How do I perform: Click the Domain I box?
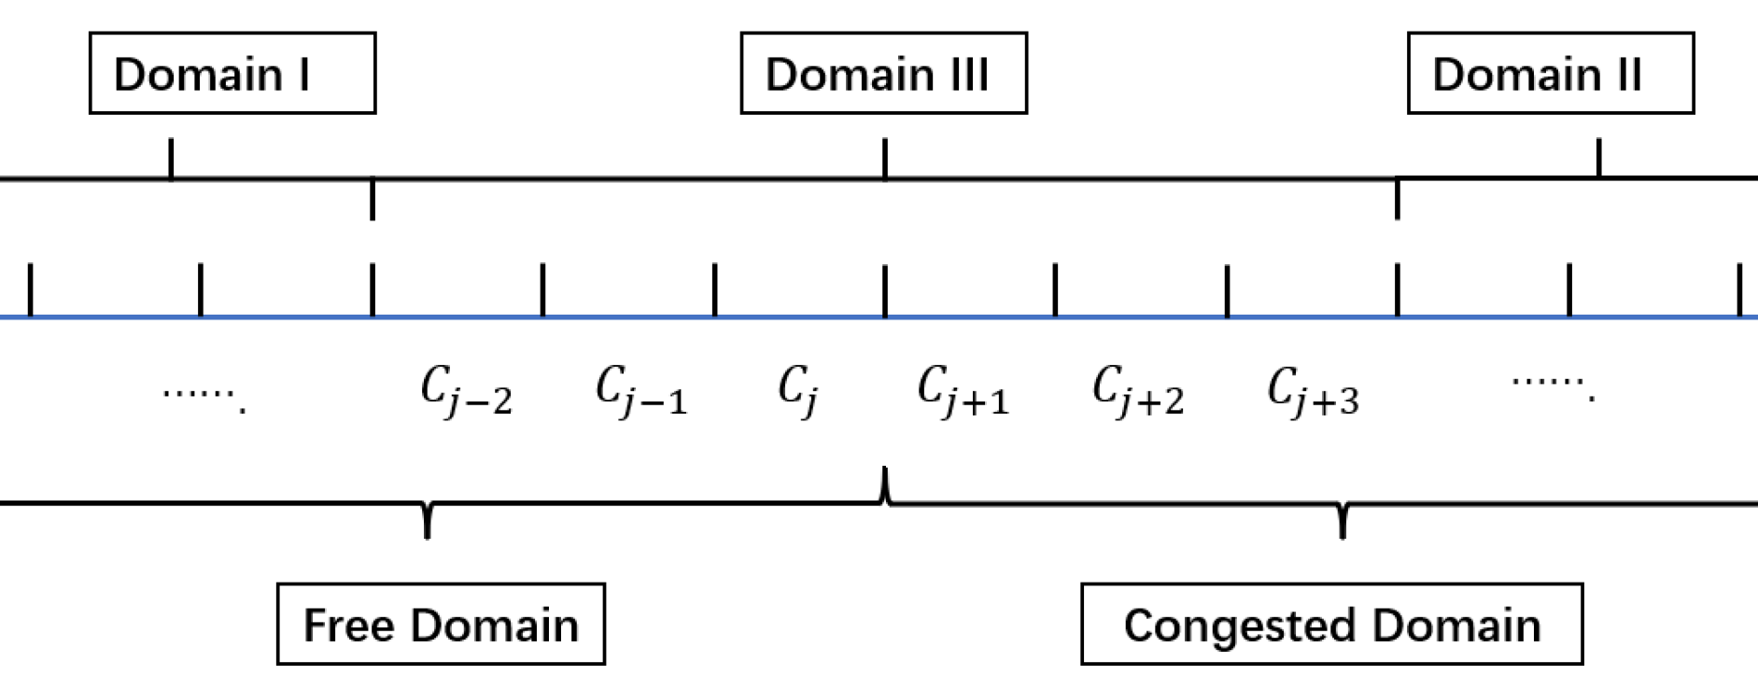232,74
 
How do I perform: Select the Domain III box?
883,74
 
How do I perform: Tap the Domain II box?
1550,74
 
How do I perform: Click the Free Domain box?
441,625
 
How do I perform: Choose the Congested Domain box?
1331,625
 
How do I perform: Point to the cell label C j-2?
466,389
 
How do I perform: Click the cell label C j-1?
641,389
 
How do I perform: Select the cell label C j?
798,389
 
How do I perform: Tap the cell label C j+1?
963,389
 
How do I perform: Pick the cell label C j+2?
1138,389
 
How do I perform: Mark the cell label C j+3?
1313,389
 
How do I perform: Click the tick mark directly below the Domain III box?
885,158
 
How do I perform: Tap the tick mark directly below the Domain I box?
171,158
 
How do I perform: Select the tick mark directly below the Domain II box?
1598,158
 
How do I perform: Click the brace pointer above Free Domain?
428,522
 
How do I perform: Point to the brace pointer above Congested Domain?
1343,522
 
